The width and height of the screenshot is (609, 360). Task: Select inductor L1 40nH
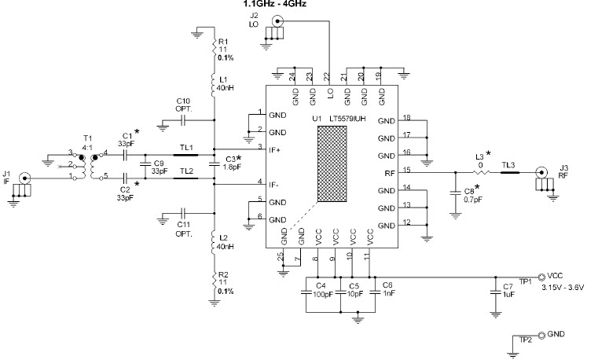[214, 85]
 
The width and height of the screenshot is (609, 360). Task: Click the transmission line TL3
[509, 173]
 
